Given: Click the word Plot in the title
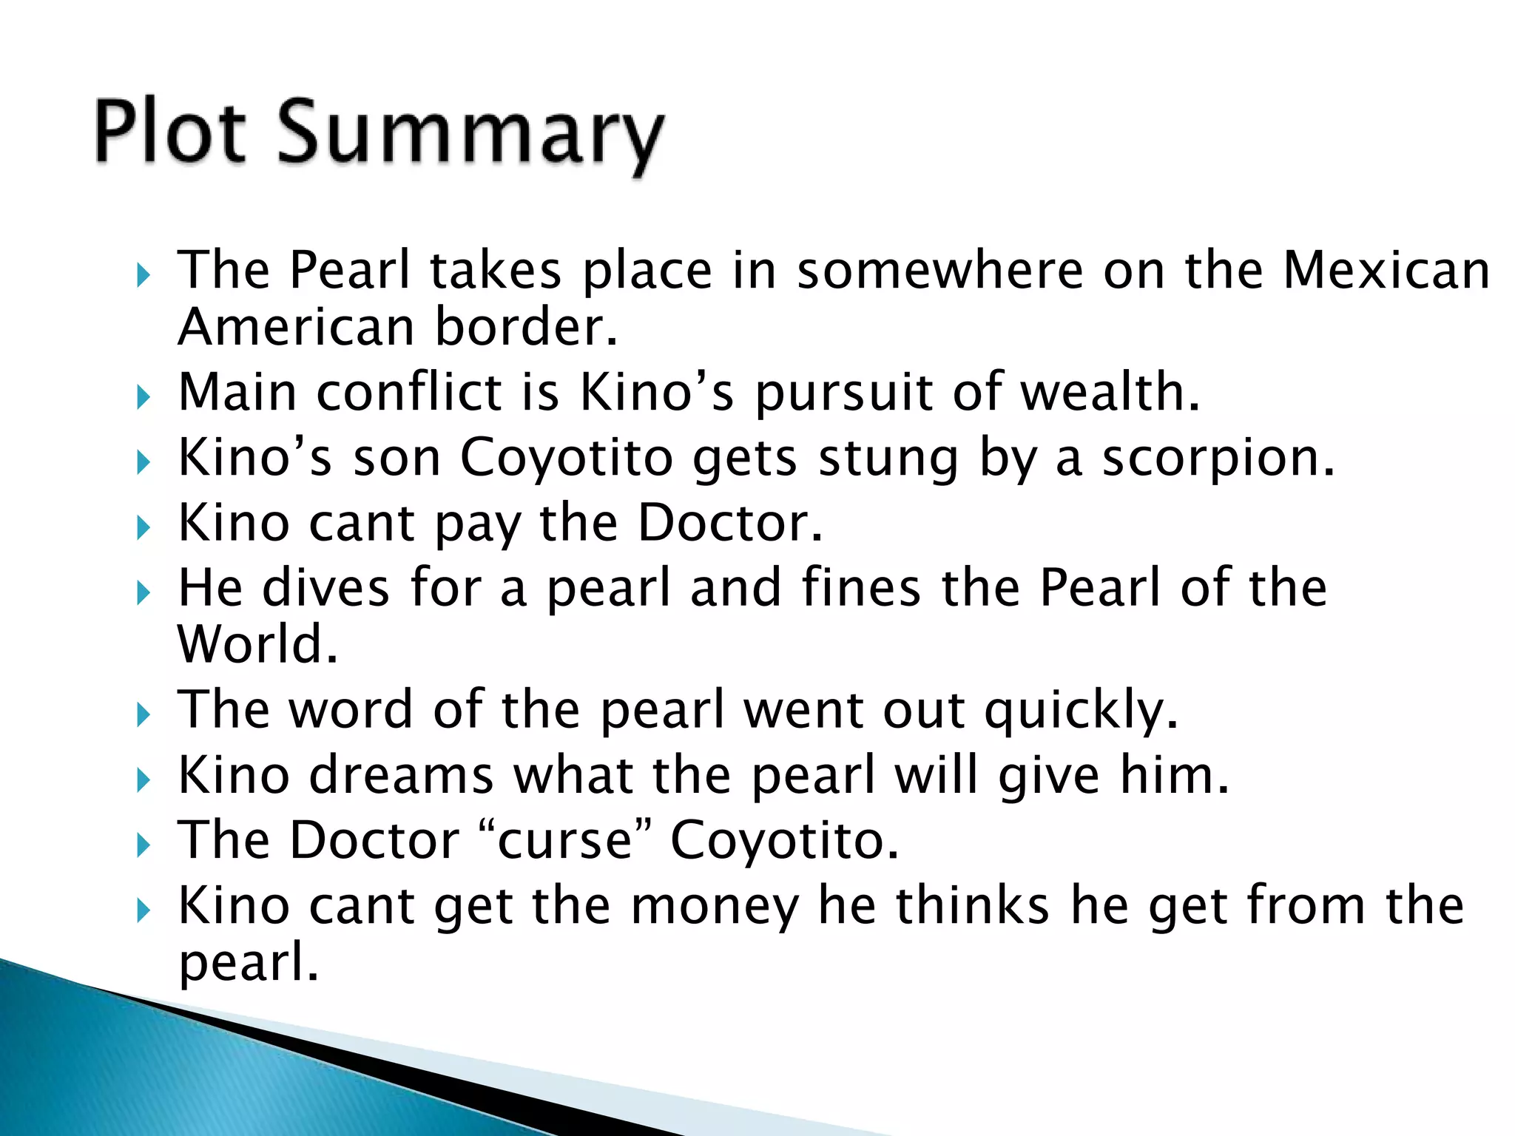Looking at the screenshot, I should tap(169, 132).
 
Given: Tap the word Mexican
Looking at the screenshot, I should tap(1386, 270).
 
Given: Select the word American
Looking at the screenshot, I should tap(296, 327).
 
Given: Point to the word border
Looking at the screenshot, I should tap(525, 327).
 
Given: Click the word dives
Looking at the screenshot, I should tap(325, 587).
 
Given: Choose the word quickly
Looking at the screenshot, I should tap(1081, 711).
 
